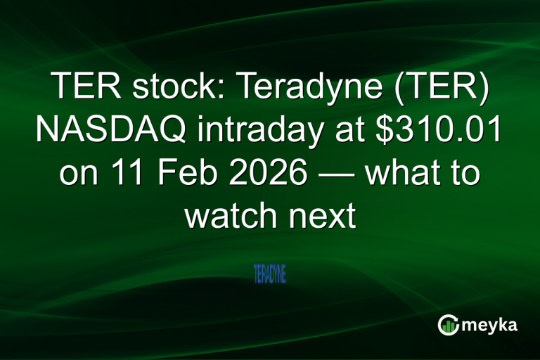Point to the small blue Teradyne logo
tap(270, 274)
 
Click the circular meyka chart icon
tap(449, 325)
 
